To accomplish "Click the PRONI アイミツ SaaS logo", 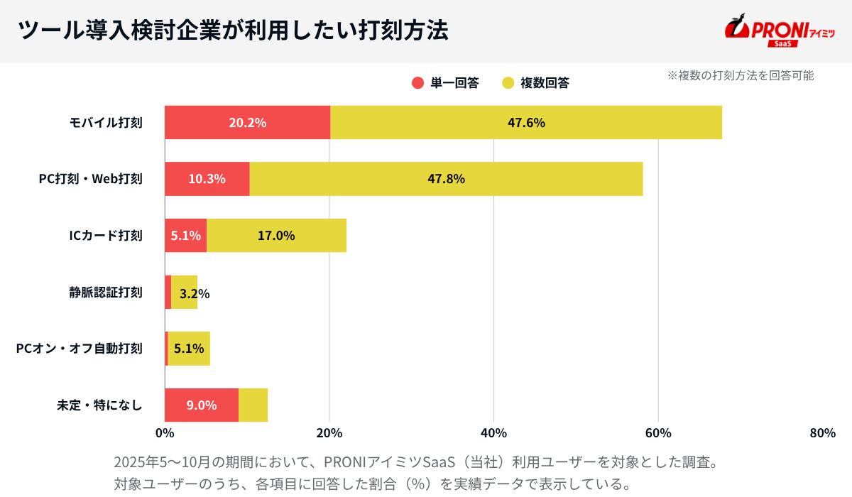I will pos(779,31).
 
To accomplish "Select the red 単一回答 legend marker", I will pos(417,83).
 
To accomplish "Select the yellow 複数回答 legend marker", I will pos(508,83).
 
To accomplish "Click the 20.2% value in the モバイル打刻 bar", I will pos(247,123).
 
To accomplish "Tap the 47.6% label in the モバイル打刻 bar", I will pos(526,123).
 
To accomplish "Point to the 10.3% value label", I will pos(207,179).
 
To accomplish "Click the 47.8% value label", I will pos(446,179).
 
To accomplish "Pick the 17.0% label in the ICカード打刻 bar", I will pos(276,236).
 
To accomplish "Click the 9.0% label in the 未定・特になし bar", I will pos(202,405).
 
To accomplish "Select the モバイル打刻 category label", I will pos(106,123).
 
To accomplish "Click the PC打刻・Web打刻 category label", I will pos(90,179).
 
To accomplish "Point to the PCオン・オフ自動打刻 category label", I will pos(79,349).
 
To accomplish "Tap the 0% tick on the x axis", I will pos(165,433).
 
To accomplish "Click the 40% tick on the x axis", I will pos(493,433).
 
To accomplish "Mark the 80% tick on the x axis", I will pos(822,433).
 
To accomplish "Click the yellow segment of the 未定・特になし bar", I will pos(253,405).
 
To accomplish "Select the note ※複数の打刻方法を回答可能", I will pos(740,75).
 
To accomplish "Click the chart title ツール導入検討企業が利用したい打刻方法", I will pos(232,31).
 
